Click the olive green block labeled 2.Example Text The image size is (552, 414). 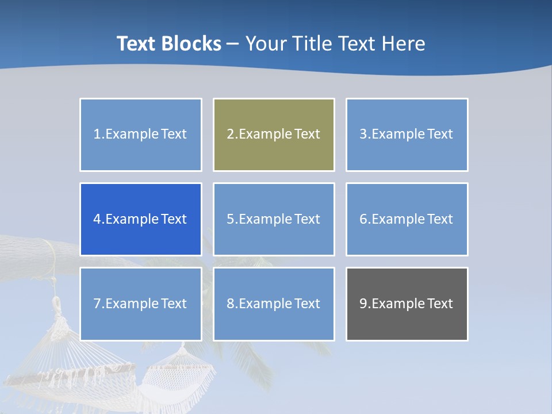274,135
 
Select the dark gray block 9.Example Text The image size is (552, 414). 407,304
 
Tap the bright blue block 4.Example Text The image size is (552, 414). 141,219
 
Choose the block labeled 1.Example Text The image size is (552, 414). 141,135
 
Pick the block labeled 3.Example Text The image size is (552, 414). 407,135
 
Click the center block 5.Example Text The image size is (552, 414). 274,219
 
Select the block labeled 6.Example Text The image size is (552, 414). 407,219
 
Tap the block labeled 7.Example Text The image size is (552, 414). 141,304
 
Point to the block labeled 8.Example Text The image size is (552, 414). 274,304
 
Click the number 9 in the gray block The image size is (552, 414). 363,304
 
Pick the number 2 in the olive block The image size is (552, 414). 230,135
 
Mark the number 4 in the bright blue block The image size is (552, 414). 97,219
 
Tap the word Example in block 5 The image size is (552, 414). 265,219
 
